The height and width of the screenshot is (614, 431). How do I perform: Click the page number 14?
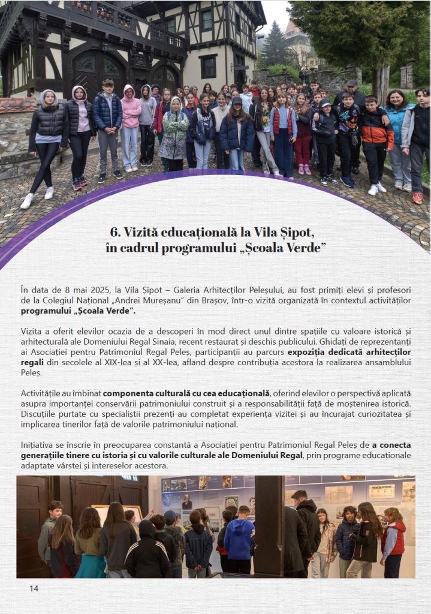click(34, 588)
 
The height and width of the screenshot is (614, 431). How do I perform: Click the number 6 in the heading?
click(113, 233)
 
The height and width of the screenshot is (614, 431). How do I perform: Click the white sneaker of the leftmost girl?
click(27, 201)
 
